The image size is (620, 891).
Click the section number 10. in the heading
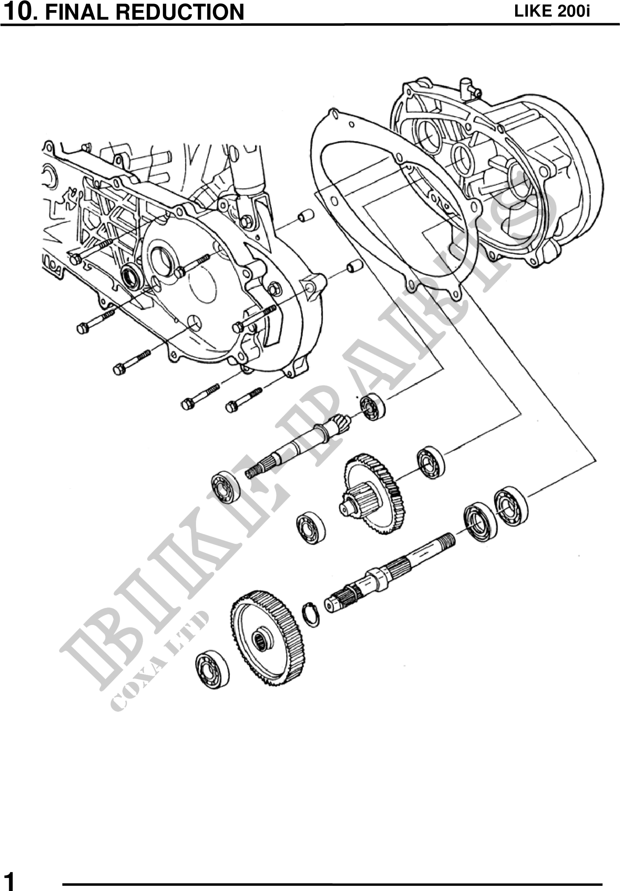tap(21, 11)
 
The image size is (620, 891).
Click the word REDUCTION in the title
tap(180, 12)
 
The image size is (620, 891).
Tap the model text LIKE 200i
tap(552, 11)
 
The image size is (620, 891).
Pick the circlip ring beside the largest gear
tap(311, 615)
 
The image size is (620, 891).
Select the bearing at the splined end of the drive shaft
tap(225, 487)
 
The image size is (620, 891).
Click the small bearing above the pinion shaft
tap(373, 407)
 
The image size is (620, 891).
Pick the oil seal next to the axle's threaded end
tap(480, 523)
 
